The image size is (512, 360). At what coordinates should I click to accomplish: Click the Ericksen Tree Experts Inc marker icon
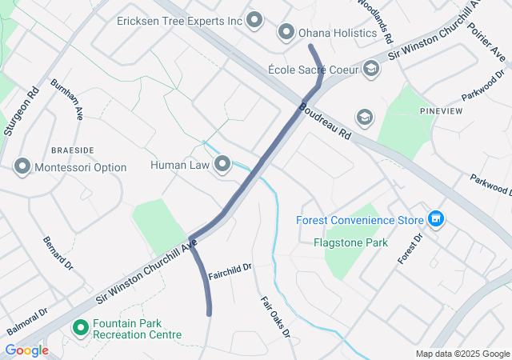pos(255,20)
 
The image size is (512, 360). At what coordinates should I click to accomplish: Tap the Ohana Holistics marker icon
pos(286,33)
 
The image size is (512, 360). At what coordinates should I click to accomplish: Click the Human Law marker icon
pos(222,165)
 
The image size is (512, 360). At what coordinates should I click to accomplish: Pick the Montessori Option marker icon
pos(22,167)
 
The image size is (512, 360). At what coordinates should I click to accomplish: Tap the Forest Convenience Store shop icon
pos(436,218)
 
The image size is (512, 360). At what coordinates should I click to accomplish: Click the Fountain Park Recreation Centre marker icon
pos(80,328)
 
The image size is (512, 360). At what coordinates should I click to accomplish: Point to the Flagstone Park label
pos(350,242)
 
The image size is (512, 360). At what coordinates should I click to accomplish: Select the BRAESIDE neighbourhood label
pos(72,150)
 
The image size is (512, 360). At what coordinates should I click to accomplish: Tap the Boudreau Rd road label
pos(326,120)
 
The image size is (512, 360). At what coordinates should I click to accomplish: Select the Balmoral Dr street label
pos(27,322)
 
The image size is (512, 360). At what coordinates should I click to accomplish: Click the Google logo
pos(26,350)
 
